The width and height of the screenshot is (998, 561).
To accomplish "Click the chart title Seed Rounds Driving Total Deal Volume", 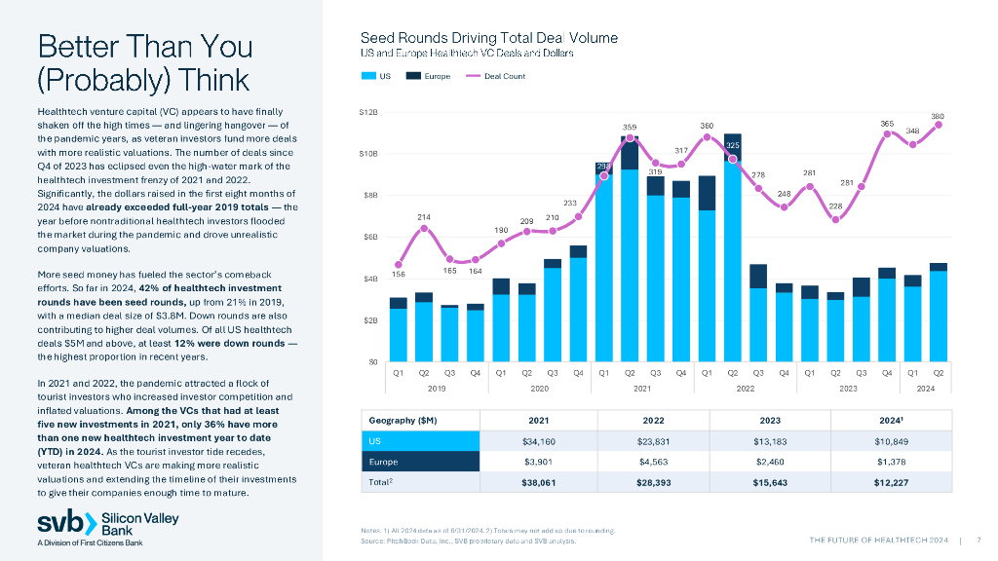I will click(489, 38).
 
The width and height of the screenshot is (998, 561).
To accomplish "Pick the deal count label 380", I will click(938, 116).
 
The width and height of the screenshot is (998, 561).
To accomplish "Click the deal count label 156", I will click(398, 275).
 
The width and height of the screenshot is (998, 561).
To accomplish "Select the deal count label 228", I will click(835, 206).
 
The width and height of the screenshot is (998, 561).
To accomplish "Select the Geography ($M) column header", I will click(400, 419).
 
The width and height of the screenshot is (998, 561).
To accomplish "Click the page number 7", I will click(978, 541).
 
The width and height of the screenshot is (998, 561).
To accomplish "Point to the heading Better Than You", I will click(144, 46).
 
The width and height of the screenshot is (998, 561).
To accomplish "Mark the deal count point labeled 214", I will click(424, 228).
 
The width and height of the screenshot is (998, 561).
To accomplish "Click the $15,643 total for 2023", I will click(770, 483).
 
